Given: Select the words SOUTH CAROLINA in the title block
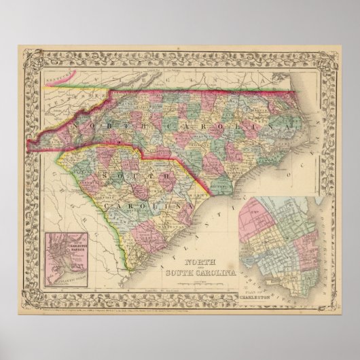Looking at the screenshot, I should click(x=197, y=273).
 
